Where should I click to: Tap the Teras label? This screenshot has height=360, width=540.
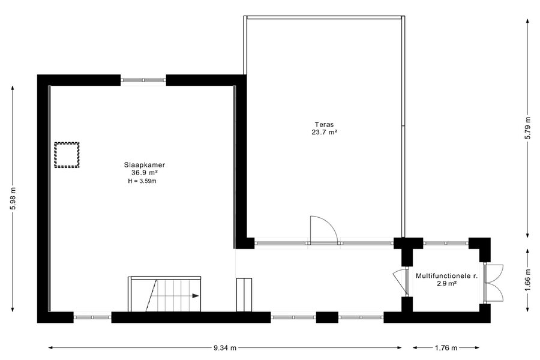[x=324, y=124]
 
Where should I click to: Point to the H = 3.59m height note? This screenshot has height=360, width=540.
[x=142, y=181]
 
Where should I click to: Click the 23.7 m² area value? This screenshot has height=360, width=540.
[x=324, y=132]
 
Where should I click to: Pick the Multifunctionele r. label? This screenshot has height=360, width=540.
[x=446, y=276]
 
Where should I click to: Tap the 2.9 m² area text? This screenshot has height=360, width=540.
[x=446, y=284]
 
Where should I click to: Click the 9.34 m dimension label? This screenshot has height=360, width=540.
[x=225, y=348]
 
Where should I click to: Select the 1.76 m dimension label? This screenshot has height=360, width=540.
[x=446, y=348]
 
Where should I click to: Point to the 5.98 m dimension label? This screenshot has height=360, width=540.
[x=13, y=199]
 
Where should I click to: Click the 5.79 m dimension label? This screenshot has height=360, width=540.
[x=527, y=128]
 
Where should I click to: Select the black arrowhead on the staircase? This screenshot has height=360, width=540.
[x=196, y=296]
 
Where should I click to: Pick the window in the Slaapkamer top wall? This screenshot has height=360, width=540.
[x=143, y=80]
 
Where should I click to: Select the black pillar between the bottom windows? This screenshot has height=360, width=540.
[x=327, y=317]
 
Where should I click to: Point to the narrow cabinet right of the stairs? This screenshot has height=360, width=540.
[x=244, y=295]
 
